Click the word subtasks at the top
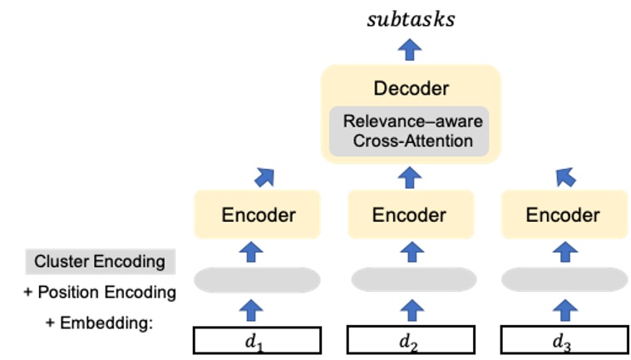click(x=411, y=19)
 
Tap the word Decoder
click(x=411, y=88)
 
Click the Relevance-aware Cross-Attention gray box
click(x=411, y=131)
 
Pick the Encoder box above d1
click(x=258, y=215)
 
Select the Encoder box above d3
click(x=563, y=215)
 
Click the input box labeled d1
click(x=258, y=340)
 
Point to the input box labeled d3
click(x=563, y=340)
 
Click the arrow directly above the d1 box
click(x=258, y=310)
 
